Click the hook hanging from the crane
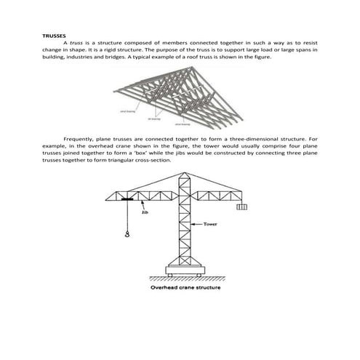tap(127, 234)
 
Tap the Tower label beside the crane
tap(212, 225)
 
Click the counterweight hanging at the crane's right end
tap(241, 208)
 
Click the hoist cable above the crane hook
tap(127, 216)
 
